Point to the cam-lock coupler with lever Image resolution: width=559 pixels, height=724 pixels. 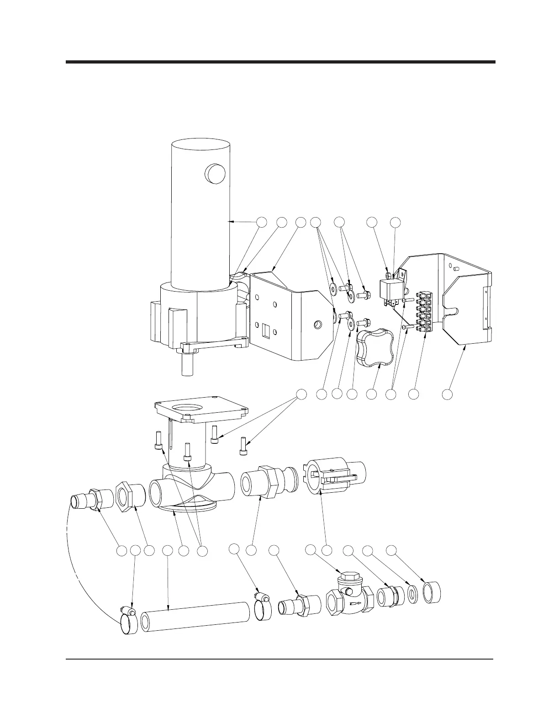[335, 478]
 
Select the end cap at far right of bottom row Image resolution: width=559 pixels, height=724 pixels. [433, 592]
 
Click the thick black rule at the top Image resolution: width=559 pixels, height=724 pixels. [280, 62]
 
